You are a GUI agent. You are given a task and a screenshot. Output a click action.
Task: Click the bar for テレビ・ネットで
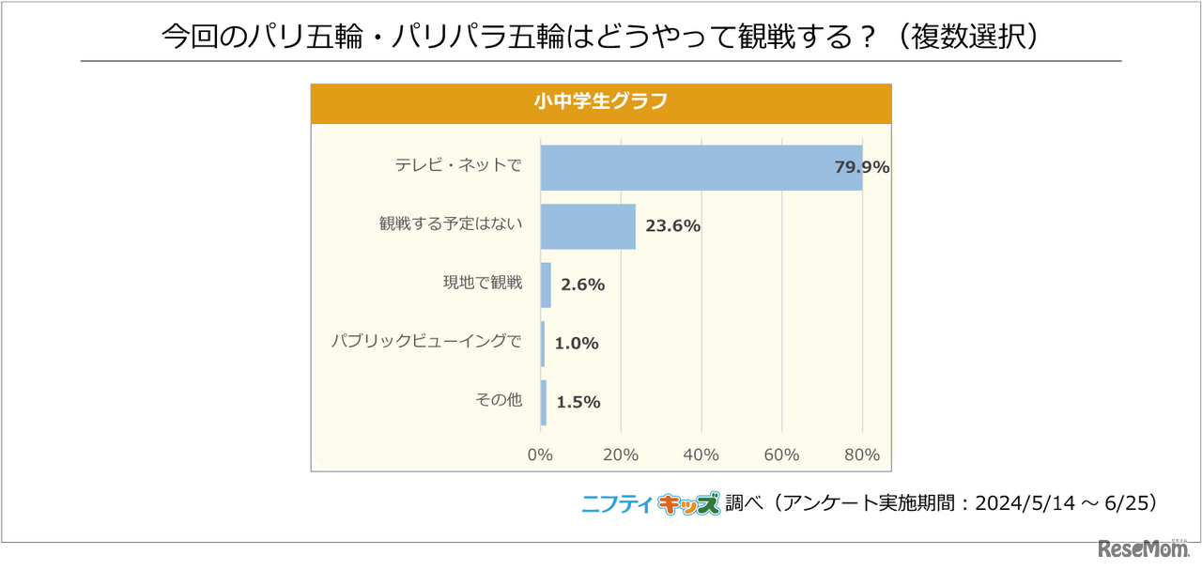coord(701,168)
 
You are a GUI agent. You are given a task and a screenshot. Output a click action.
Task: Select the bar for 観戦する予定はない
coord(588,226)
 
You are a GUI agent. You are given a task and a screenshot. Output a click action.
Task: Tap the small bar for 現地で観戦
coord(546,285)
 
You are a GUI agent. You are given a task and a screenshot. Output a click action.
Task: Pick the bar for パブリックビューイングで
coord(543,344)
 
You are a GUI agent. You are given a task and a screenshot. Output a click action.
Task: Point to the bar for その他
coord(544,402)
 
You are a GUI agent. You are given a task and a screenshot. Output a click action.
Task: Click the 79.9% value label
coord(861,168)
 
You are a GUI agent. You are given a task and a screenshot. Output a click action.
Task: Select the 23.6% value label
coord(672,226)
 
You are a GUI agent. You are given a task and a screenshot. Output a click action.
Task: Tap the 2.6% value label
coord(582,285)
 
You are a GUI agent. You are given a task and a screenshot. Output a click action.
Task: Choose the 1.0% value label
coord(576,344)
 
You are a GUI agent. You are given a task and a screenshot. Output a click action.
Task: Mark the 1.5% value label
coord(578,402)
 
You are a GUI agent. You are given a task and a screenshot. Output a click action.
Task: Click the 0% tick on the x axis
coord(540,455)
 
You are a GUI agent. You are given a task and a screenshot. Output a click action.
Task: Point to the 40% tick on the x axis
coord(701,455)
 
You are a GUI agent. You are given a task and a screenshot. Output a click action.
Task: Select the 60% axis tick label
coord(781,455)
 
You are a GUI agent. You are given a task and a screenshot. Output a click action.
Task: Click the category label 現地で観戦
coord(482,283)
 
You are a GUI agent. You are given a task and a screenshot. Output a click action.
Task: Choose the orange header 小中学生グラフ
coord(601,102)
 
